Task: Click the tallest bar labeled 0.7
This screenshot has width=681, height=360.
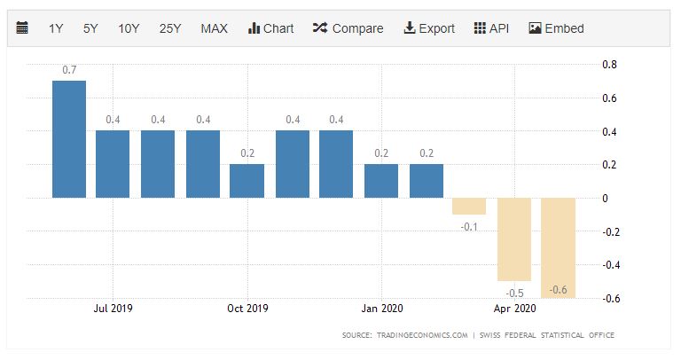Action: click(69, 139)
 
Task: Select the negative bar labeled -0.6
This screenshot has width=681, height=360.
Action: click(558, 247)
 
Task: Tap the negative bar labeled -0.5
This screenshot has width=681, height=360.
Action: click(513, 239)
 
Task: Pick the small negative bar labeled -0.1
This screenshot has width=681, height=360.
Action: click(469, 206)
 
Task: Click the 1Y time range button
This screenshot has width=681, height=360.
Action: click(56, 28)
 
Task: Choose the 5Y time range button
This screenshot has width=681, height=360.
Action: click(90, 28)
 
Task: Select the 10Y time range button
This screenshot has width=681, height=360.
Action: click(129, 28)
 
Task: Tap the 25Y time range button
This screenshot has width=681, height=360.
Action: click(170, 28)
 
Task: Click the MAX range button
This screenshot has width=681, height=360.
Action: click(214, 28)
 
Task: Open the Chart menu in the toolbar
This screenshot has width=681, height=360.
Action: click(270, 28)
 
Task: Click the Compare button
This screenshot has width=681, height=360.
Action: click(348, 28)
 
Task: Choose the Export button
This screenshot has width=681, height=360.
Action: click(429, 28)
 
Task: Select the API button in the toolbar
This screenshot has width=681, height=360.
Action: click(492, 28)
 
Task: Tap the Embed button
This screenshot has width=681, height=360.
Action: click(556, 28)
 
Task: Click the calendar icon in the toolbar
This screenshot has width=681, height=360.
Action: click(23, 28)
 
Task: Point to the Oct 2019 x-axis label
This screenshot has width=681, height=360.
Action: click(247, 309)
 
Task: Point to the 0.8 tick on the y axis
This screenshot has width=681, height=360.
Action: click(609, 65)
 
